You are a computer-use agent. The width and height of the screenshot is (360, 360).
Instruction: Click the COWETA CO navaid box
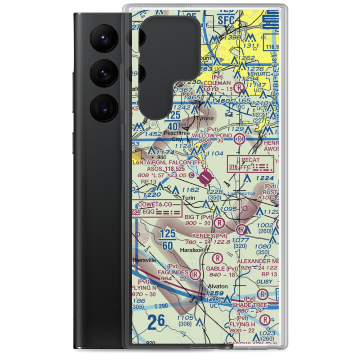coord(157,208)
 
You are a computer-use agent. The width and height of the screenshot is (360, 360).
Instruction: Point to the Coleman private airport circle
coord(239,87)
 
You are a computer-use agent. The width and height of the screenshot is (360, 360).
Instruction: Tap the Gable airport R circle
coord(217,258)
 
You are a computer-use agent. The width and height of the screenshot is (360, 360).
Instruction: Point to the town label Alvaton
coord(218,286)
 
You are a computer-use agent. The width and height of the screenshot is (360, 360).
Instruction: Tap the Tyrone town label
coord(204,118)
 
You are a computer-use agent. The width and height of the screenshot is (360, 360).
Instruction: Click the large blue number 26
coord(156,320)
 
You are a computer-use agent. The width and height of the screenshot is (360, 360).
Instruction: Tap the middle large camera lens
coord(104,72)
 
